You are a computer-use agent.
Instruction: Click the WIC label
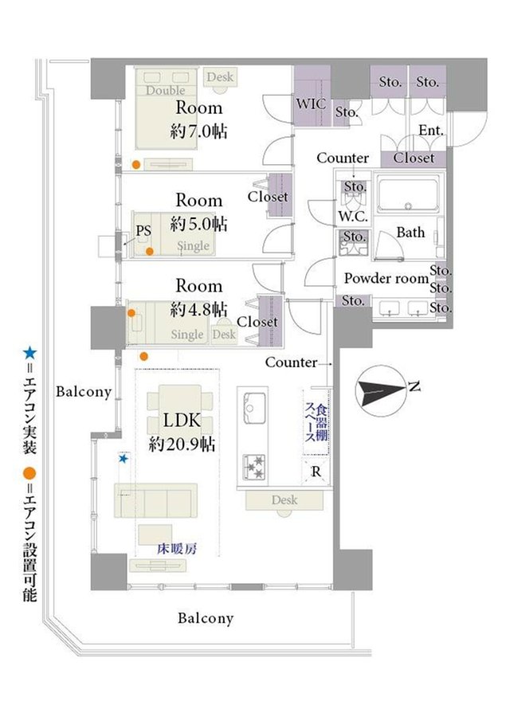[311, 104]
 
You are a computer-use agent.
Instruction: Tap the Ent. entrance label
[431, 131]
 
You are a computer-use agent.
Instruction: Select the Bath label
[410, 233]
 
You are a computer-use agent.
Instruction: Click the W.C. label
[353, 216]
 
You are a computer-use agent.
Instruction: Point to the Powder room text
[386, 278]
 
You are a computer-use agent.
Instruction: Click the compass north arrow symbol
[381, 390]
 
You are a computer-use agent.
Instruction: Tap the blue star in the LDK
[124, 459]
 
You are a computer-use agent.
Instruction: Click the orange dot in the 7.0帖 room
[136, 165]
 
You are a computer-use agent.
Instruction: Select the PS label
[143, 231]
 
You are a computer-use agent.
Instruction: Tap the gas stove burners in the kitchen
[254, 468]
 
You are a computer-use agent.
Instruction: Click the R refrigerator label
[316, 472]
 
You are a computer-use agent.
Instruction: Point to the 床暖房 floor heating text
[177, 549]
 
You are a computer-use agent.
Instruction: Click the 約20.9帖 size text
[182, 445]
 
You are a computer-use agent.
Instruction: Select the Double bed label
[166, 90]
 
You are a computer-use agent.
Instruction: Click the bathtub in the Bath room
[408, 194]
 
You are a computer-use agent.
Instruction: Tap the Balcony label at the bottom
[206, 618]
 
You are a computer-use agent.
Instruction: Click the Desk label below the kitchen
[284, 499]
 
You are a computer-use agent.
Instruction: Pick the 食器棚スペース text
[316, 423]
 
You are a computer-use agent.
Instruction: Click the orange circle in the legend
[29, 473]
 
